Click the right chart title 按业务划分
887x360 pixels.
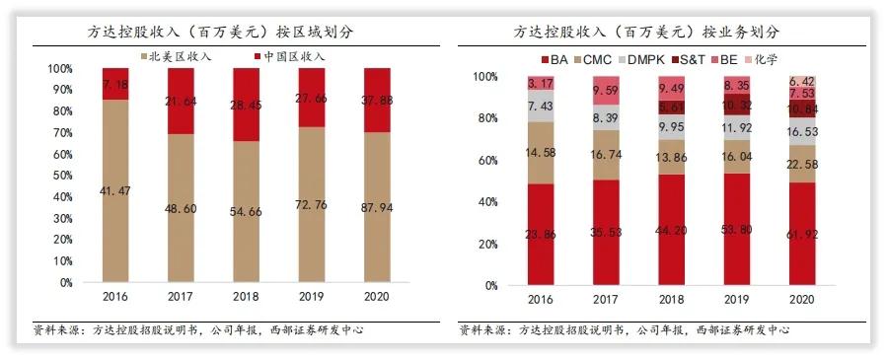[647, 30]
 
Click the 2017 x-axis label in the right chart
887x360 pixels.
[606, 300]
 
